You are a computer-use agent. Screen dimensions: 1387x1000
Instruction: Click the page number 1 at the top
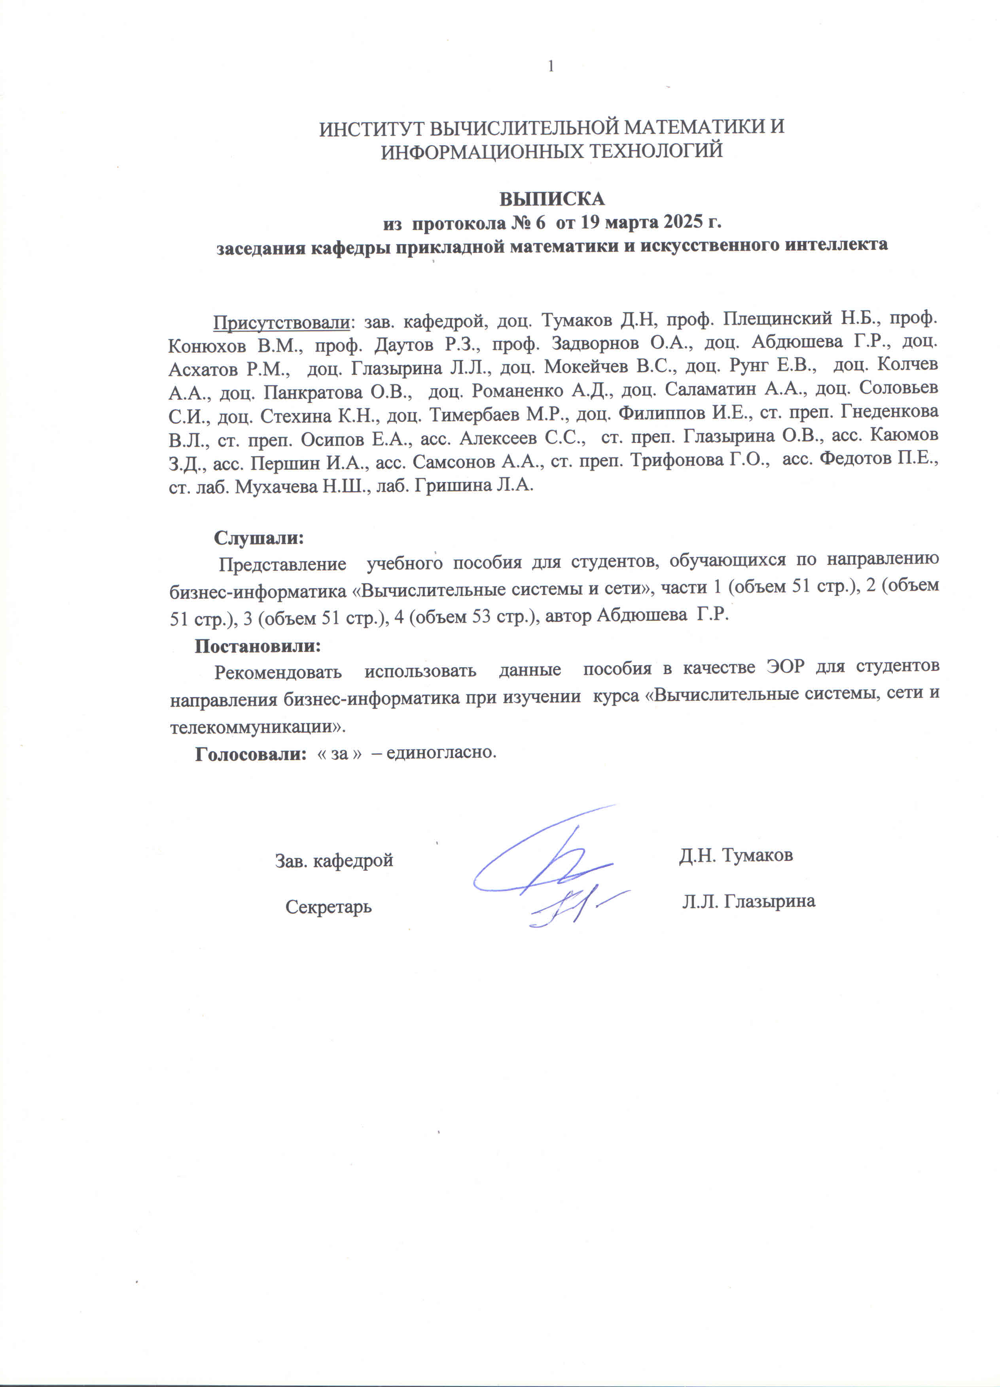[x=551, y=66]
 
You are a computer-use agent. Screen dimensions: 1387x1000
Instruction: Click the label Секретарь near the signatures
[x=328, y=906]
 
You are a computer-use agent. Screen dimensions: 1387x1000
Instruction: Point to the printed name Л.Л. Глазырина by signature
[x=749, y=901]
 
